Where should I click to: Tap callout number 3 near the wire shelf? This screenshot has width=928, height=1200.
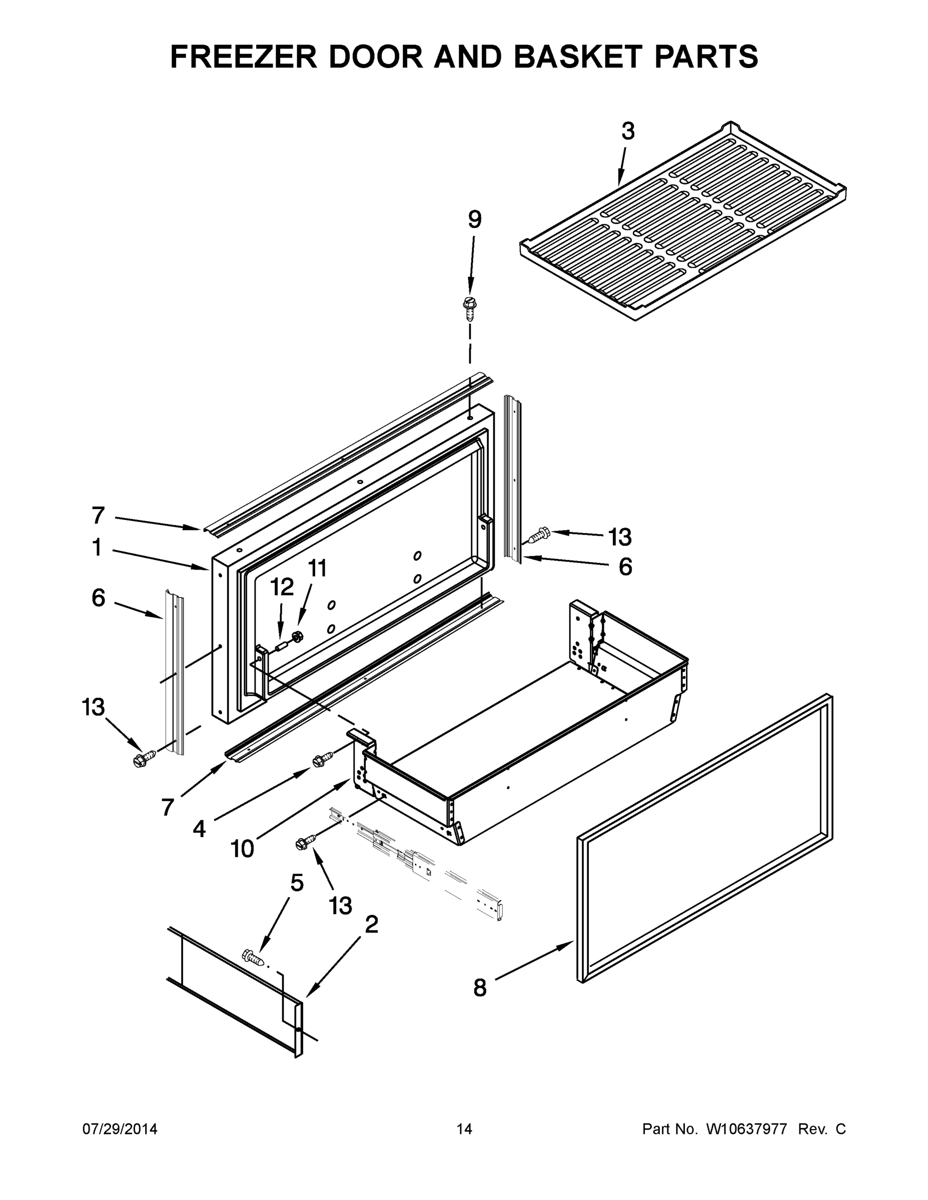628,131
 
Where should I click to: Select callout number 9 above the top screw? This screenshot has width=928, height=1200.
474,220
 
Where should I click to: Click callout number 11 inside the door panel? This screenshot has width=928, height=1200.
317,568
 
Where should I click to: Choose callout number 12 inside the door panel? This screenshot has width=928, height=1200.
282,587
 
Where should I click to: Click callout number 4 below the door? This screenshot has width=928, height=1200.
199,828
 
